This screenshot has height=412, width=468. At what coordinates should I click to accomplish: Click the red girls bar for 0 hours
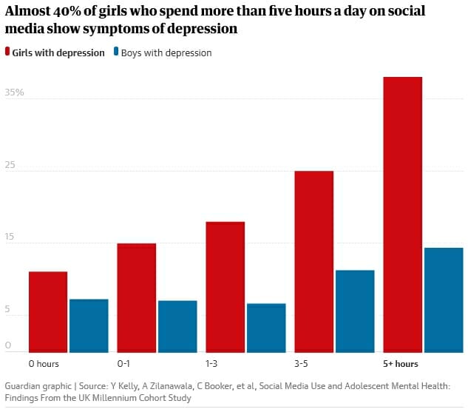tap(48, 311)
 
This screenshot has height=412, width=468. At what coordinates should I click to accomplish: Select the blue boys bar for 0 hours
tap(89, 325)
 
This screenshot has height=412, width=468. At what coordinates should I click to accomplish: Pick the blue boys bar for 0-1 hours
tap(177, 326)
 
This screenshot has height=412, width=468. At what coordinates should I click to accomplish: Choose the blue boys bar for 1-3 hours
tap(266, 328)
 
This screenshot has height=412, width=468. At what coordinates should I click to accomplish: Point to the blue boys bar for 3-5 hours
tap(355, 311)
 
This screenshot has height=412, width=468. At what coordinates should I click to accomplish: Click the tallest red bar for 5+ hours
tap(403, 215)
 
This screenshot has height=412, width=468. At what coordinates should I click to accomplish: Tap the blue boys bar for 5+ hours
tap(444, 300)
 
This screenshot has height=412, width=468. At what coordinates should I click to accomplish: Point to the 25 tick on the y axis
tap(10, 166)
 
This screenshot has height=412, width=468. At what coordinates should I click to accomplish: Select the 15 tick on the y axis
tap(10, 237)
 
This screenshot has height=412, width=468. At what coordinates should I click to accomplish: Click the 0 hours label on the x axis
tap(44, 364)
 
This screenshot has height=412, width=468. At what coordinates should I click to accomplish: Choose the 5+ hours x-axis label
tap(400, 364)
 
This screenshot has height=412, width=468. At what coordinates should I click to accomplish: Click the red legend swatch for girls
tap(7, 53)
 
